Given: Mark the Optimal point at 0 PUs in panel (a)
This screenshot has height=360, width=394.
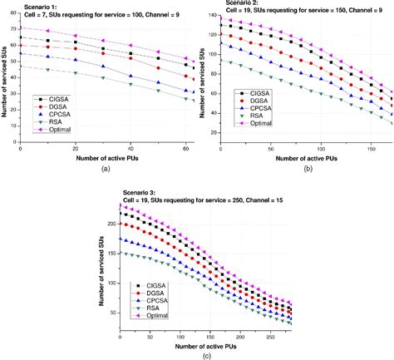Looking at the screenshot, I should click(x=20, y=28).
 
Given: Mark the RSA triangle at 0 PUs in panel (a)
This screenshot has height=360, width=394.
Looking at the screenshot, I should click(x=20, y=67).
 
